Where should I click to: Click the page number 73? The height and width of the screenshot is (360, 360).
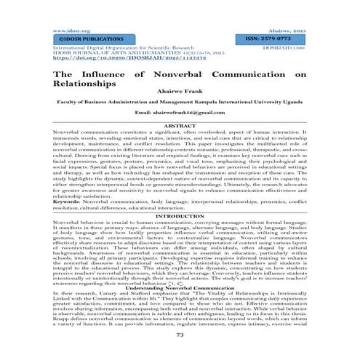pyautogui.click(x=179, y=334)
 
